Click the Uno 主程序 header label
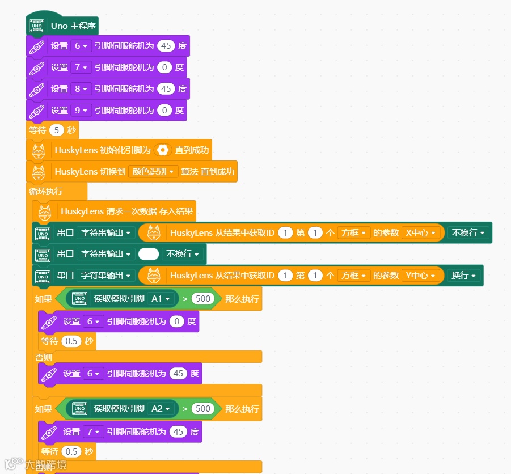point(74,26)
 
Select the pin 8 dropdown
point(82,89)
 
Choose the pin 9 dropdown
point(82,111)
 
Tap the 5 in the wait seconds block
point(57,130)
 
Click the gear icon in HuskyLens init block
point(163,150)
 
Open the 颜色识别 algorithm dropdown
point(153,171)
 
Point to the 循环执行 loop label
point(46,191)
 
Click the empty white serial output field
point(149,254)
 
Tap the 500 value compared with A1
point(202,298)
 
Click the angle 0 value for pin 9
point(164,111)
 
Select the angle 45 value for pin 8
point(166,89)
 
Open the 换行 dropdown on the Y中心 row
point(463,276)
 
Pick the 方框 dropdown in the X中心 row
point(353,232)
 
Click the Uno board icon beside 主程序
point(37,26)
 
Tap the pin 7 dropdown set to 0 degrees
point(82,67)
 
